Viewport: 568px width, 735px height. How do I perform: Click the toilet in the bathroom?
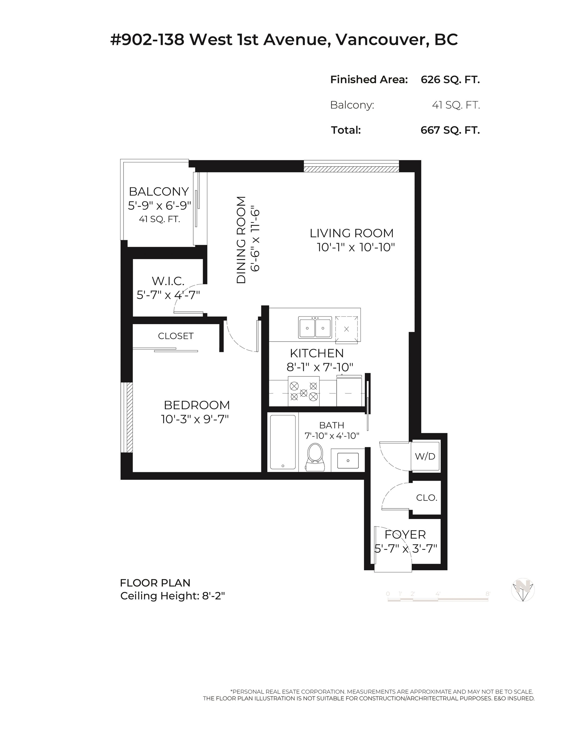coord(316,457)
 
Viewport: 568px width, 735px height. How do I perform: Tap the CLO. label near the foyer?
coord(426,498)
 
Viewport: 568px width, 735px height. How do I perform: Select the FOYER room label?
coord(405,534)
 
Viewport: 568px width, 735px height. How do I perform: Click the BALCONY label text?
coord(159,191)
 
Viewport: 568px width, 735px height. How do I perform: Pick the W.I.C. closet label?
coord(168,281)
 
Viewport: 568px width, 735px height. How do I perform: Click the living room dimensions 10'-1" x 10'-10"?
coord(355,247)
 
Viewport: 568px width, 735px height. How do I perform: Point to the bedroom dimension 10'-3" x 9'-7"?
coord(195,419)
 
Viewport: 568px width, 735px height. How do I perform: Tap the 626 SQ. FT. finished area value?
coord(450,79)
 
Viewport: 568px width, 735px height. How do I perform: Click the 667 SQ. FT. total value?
coord(450,130)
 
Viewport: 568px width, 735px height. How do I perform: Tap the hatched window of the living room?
coord(351,167)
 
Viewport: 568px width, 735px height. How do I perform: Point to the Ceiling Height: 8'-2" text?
coord(172,596)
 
